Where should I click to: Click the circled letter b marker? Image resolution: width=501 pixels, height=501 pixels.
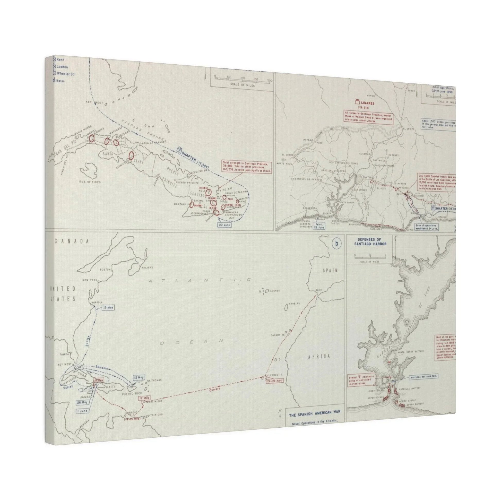pyautogui.click(x=336, y=244)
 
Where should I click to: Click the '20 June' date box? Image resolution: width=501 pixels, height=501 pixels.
pyautogui.click(x=224, y=225)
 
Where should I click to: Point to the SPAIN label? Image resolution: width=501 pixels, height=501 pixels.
pyautogui.click(x=330, y=271)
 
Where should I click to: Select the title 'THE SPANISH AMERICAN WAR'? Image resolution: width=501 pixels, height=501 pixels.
pyautogui.click(x=315, y=415)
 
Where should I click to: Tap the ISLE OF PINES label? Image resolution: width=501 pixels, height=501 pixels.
pyautogui.click(x=90, y=182)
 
